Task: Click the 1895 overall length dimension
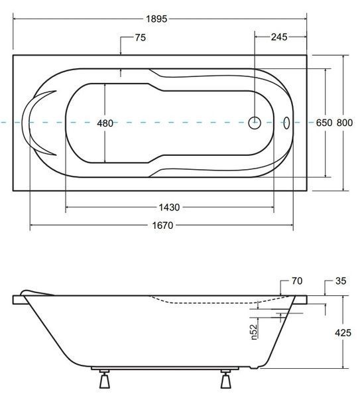(x=156, y=19)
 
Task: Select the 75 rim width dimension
(x=141, y=38)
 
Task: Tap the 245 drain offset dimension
(x=279, y=37)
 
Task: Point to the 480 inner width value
(x=105, y=123)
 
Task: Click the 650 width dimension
(x=324, y=123)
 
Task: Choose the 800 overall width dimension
(x=345, y=123)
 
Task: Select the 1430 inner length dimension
(x=169, y=208)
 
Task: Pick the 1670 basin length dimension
(x=162, y=225)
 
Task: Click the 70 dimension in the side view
(x=297, y=281)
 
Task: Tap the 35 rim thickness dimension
(x=341, y=281)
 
